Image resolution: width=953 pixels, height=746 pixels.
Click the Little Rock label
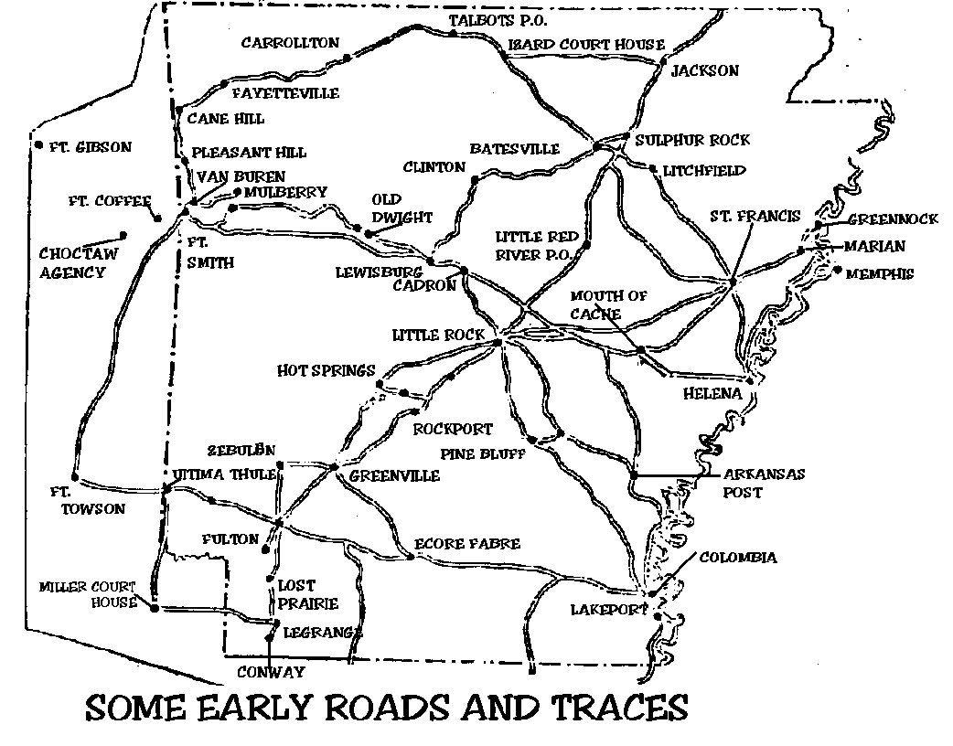(x=438, y=336)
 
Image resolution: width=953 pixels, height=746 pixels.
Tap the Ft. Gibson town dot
(x=37, y=145)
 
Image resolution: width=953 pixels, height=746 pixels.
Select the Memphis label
(x=879, y=273)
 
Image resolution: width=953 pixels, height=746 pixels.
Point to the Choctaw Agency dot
(x=123, y=235)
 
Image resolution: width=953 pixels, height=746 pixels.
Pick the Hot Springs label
(x=326, y=371)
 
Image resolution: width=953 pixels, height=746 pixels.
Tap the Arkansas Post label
(x=764, y=484)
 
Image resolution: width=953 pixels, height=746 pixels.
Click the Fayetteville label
(x=284, y=93)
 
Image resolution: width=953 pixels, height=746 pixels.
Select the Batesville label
(x=514, y=149)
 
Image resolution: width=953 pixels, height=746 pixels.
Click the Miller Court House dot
(x=154, y=607)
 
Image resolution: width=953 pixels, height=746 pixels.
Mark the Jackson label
(x=703, y=71)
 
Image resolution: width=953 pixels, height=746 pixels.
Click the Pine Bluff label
(x=482, y=453)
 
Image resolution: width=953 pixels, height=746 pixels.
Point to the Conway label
(x=270, y=672)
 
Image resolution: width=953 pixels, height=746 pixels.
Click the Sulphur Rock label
(x=692, y=140)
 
